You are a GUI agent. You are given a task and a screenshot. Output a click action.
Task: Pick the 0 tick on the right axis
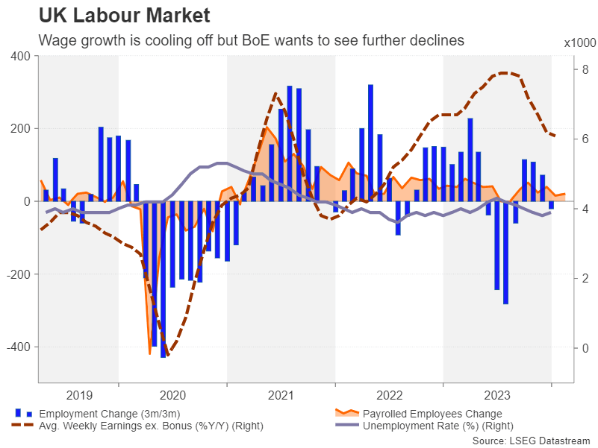565,348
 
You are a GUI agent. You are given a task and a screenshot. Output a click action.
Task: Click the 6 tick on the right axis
565,139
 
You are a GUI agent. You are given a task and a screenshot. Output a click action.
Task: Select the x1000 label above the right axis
577,43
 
